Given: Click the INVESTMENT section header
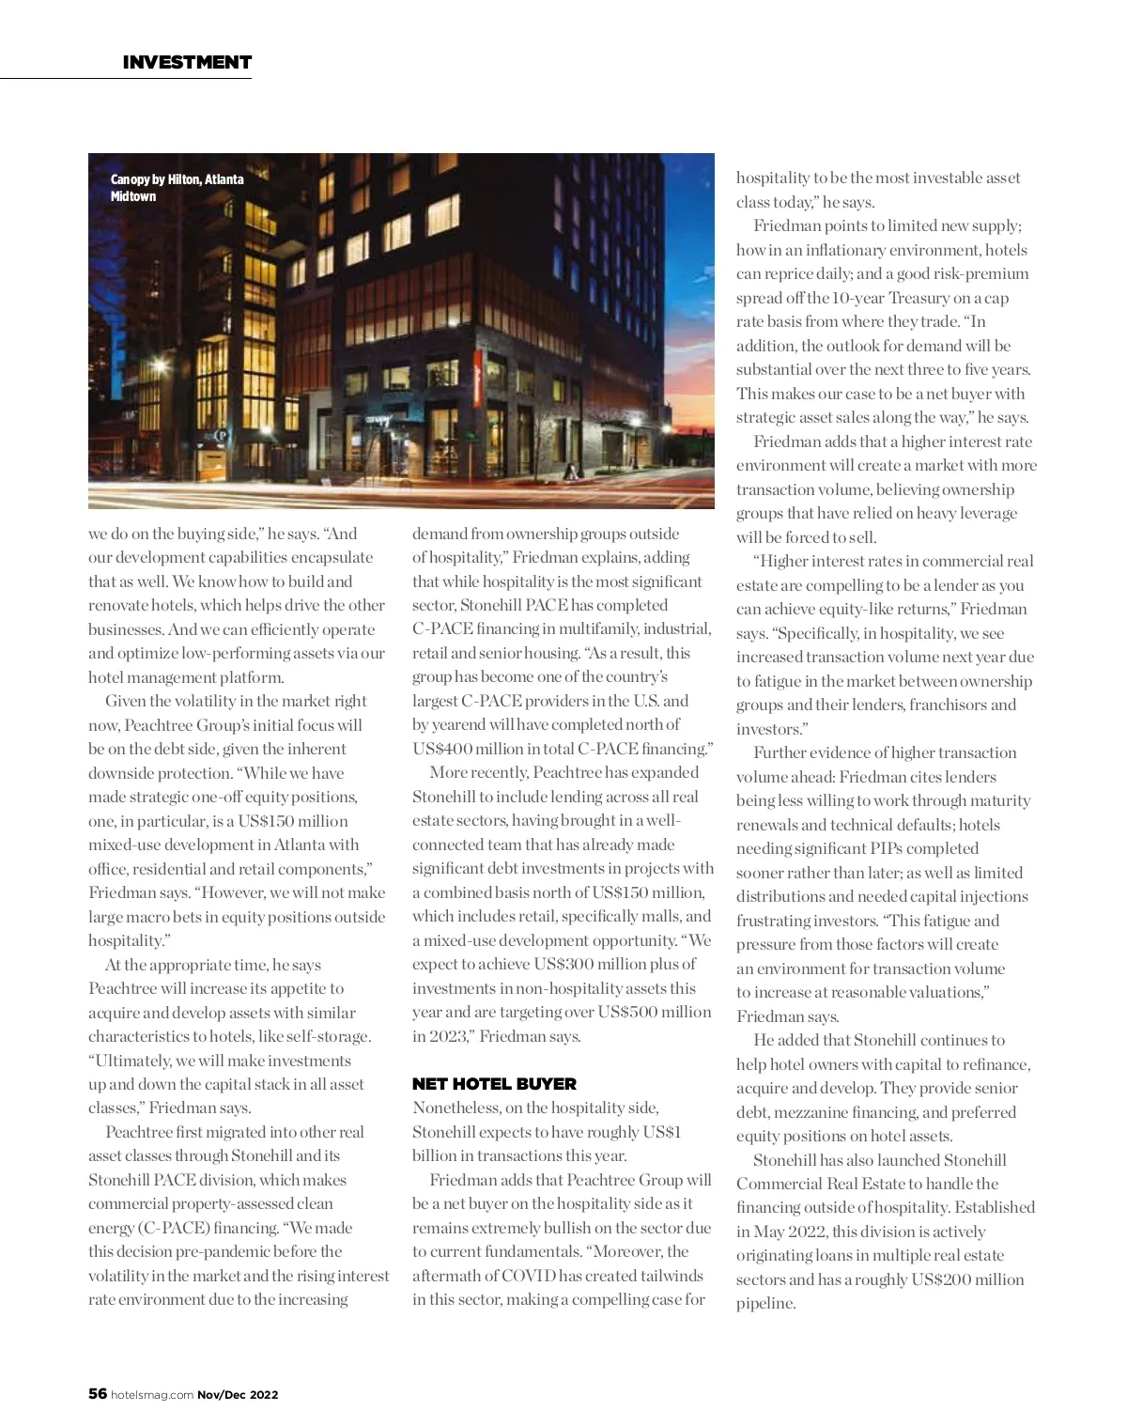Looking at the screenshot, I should point(187,62).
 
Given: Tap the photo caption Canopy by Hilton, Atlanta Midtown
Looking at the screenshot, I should point(177,188).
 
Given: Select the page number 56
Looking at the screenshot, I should point(97,1394).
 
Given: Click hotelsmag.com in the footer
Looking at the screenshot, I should point(151,1395).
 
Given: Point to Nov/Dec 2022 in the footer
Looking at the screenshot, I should point(238,1395).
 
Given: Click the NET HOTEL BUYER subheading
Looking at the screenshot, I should point(494,1084).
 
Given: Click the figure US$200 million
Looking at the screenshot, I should point(967,1279).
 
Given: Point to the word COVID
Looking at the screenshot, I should point(529,1276).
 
